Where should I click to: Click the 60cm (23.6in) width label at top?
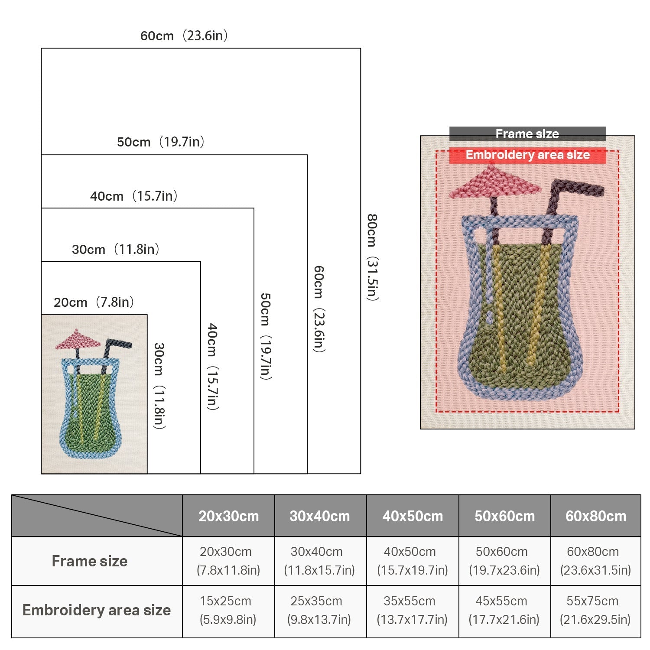tap(184, 36)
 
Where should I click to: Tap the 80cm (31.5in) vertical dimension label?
tap(372, 257)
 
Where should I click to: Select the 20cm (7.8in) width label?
tap(94, 302)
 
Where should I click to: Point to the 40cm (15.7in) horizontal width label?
tap(134, 196)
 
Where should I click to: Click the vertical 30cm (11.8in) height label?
tap(159, 386)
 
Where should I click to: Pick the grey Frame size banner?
tap(527, 134)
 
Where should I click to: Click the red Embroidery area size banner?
tap(527, 155)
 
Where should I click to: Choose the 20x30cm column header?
tap(228, 516)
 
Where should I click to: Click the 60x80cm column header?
tap(596, 516)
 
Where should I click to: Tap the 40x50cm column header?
tap(413, 516)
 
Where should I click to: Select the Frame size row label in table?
tap(90, 561)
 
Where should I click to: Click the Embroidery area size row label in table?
tap(97, 610)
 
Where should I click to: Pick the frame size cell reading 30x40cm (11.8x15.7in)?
tap(319, 561)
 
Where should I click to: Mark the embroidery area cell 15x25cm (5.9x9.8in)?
tap(228, 610)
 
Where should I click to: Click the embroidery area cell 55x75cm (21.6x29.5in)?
tap(595, 610)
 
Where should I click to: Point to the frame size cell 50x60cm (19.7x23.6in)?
tap(504, 561)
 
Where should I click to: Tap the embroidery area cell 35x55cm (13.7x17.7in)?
tap(412, 610)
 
